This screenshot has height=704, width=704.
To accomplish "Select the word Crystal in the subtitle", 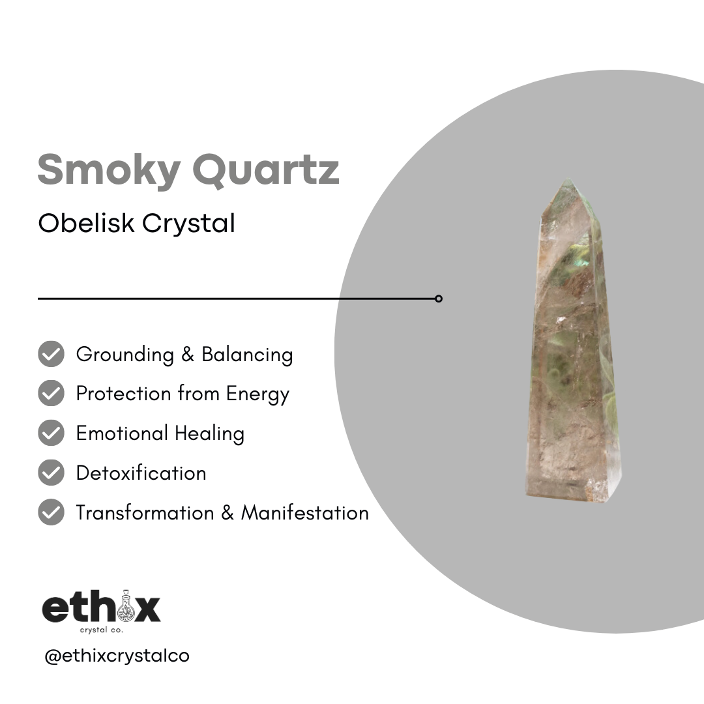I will [x=188, y=224].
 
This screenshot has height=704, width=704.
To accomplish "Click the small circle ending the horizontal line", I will [x=439, y=299].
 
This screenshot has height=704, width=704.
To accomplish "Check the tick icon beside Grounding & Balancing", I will [x=51, y=354].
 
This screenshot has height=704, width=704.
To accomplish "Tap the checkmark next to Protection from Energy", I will [x=51, y=394].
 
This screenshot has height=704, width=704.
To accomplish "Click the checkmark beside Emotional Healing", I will [x=51, y=433].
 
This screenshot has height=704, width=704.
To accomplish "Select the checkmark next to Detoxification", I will [x=51, y=473].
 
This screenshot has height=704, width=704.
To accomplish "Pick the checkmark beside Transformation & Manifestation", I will [x=51, y=512].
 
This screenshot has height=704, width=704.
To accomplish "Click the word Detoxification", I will [x=141, y=473].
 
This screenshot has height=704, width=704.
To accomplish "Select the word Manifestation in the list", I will [x=305, y=513].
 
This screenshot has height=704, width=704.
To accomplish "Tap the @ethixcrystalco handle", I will [x=117, y=655].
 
